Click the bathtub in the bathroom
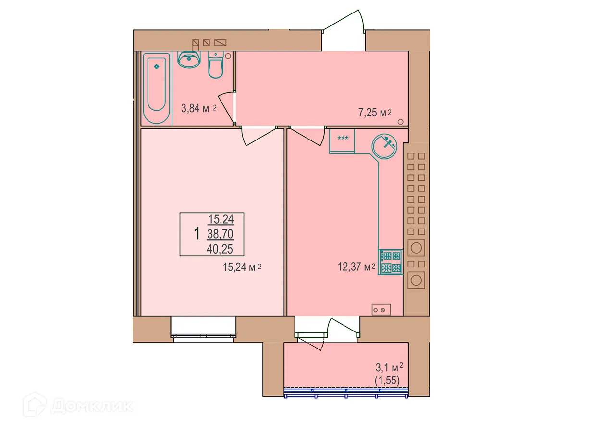click(x=157, y=89)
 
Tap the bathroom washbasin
click(x=189, y=60)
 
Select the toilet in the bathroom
click(x=216, y=65)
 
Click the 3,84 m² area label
click(x=198, y=109)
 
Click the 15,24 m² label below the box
click(x=242, y=267)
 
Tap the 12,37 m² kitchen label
click(x=356, y=267)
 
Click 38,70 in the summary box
click(x=221, y=234)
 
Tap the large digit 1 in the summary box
click(x=197, y=234)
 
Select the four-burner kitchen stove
click(x=390, y=262)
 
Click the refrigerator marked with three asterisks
click(x=342, y=140)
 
